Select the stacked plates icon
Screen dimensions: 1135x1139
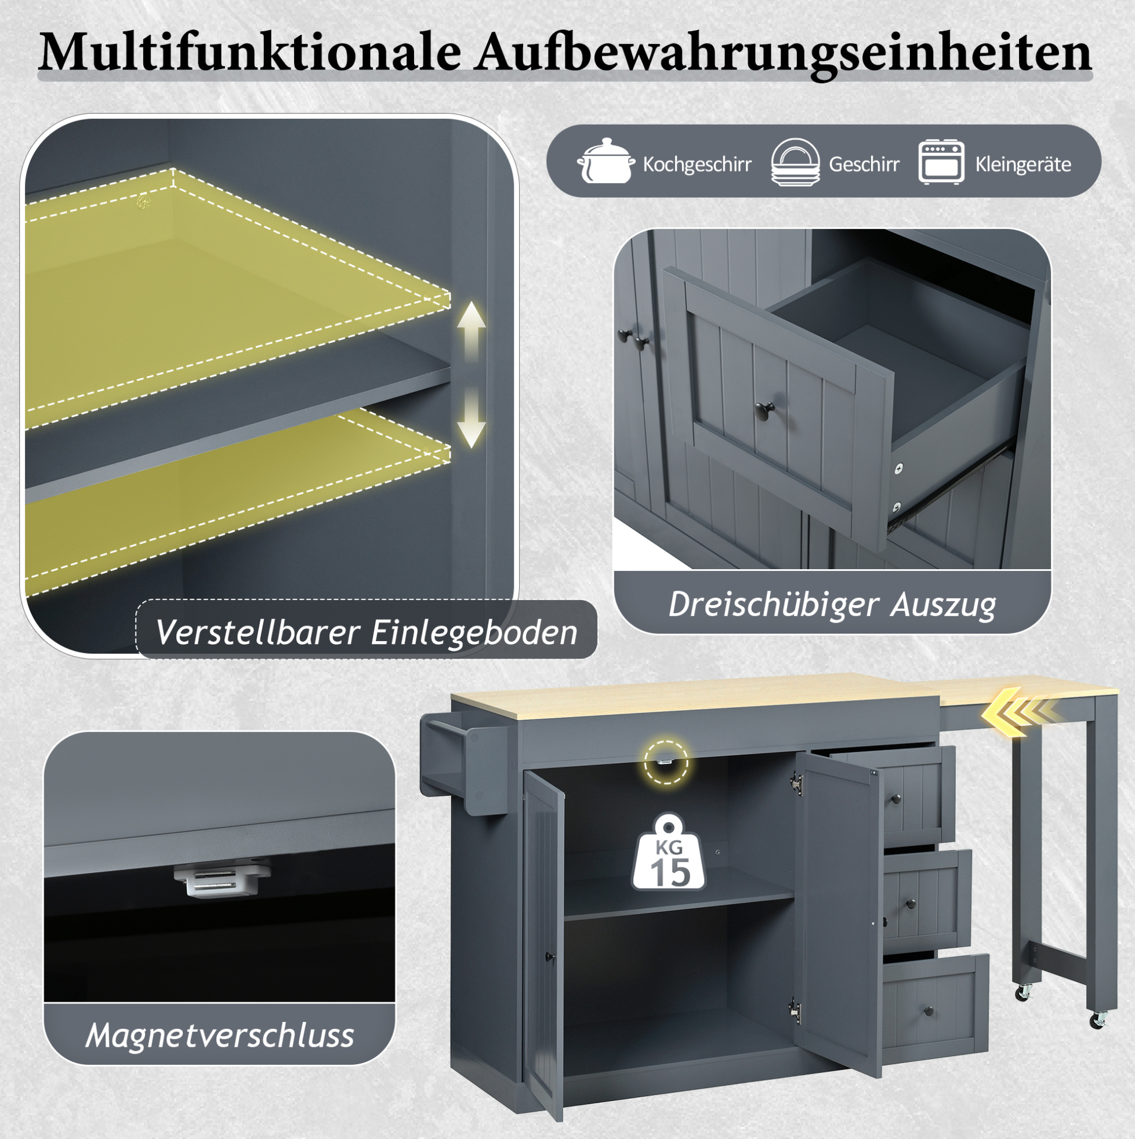pos(795,162)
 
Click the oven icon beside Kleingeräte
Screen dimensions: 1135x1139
pos(941,162)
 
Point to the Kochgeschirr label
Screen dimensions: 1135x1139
pos(697,164)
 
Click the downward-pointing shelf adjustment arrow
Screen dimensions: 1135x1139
pos(472,417)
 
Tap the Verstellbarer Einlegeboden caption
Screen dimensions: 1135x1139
pos(367,632)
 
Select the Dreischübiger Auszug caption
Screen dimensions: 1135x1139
pos(832,605)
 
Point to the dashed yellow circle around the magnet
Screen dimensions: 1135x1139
pos(666,762)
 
